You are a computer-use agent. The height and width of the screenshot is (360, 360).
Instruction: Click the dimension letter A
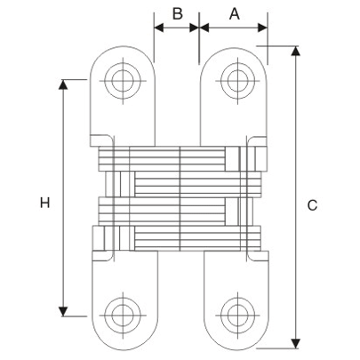tap(235, 13)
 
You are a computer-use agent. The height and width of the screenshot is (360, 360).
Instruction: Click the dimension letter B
tap(177, 13)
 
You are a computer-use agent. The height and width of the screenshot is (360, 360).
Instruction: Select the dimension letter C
tap(312, 205)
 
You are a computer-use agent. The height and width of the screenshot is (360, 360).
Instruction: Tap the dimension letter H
tap(44, 204)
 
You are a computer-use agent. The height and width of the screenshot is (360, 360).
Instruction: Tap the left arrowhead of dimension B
tap(160, 28)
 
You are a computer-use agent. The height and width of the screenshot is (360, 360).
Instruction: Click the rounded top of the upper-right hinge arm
tap(236, 48)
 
